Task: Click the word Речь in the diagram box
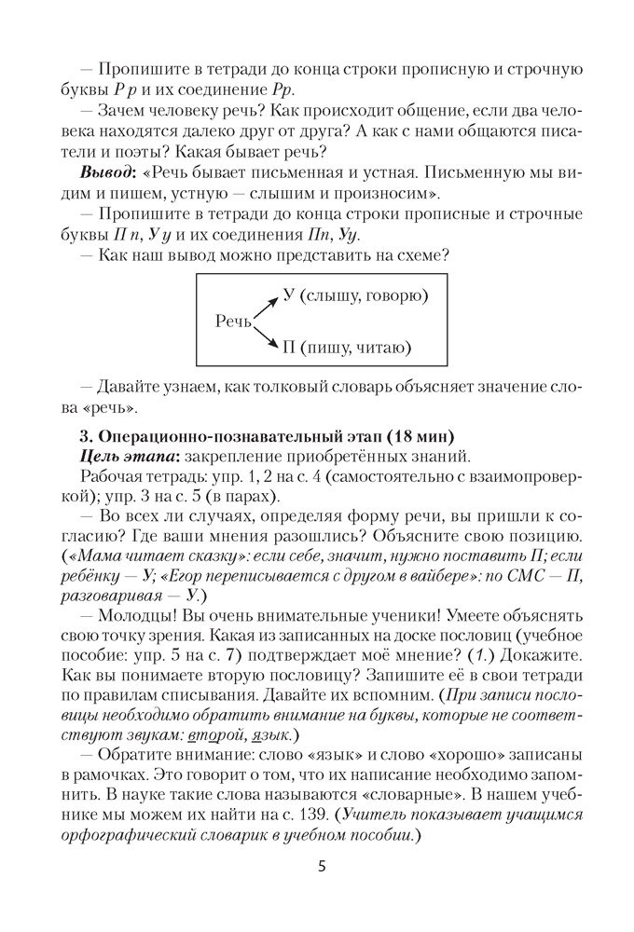click(233, 322)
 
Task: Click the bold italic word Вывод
click(107, 174)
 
